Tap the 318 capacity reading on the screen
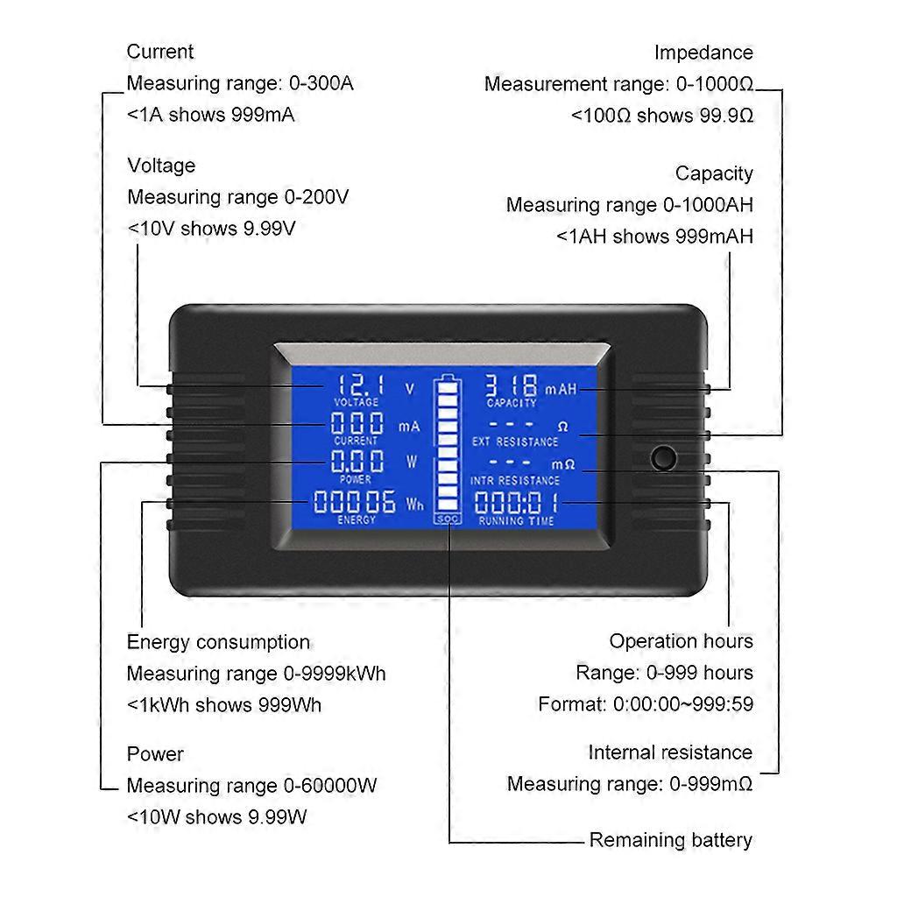pyautogui.click(x=512, y=385)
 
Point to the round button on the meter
pyautogui.click(x=665, y=457)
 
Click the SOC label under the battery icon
pyautogui.click(x=447, y=519)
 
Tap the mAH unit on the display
pyautogui.click(x=561, y=389)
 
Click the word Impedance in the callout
pyautogui.click(x=703, y=53)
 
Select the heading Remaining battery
pyautogui.click(x=670, y=840)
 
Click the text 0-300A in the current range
pyautogui.click(x=321, y=83)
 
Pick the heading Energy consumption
pyautogui.click(x=218, y=642)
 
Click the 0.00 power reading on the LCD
pyautogui.click(x=357, y=462)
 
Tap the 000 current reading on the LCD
pyautogui.click(x=357, y=424)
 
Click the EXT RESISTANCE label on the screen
pyautogui.click(x=514, y=442)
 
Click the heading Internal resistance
pyautogui.click(x=670, y=752)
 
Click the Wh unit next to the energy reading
pyautogui.click(x=414, y=505)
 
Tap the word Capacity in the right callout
pyautogui.click(x=714, y=173)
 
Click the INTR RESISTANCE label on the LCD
pyautogui.click(x=514, y=481)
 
